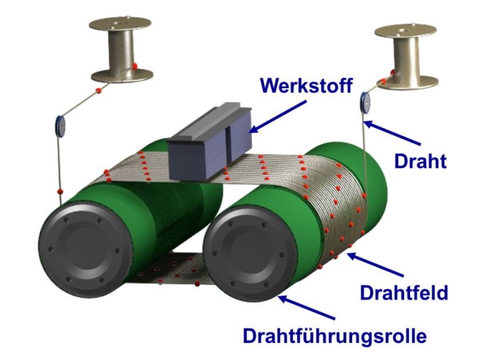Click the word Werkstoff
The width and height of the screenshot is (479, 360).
pyautogui.click(x=305, y=85)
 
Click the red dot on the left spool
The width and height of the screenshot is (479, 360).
pyautogui.click(x=135, y=66)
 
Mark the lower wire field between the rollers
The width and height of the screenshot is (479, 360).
pyautogui.click(x=171, y=269)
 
